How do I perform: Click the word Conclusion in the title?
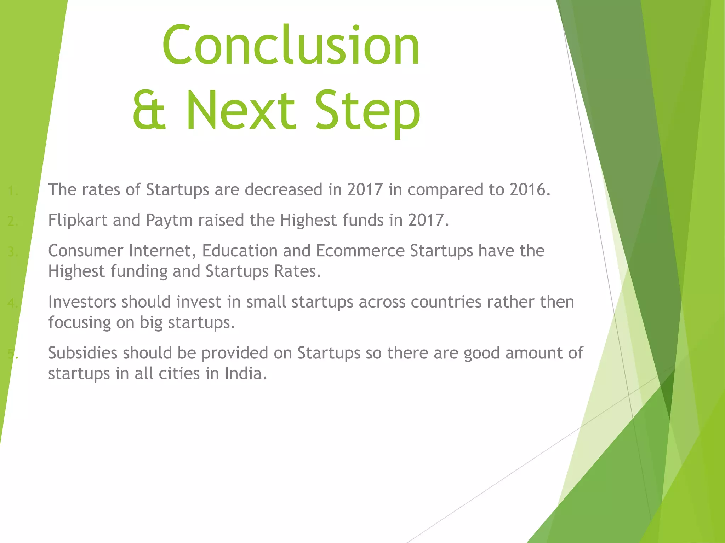click(x=291, y=45)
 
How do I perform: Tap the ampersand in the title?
click(x=149, y=110)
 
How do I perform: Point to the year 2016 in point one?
click(x=530, y=190)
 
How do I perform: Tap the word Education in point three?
click(x=240, y=251)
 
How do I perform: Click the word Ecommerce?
click(x=360, y=251)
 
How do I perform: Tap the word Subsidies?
click(x=82, y=353)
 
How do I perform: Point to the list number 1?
click(x=13, y=191)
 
